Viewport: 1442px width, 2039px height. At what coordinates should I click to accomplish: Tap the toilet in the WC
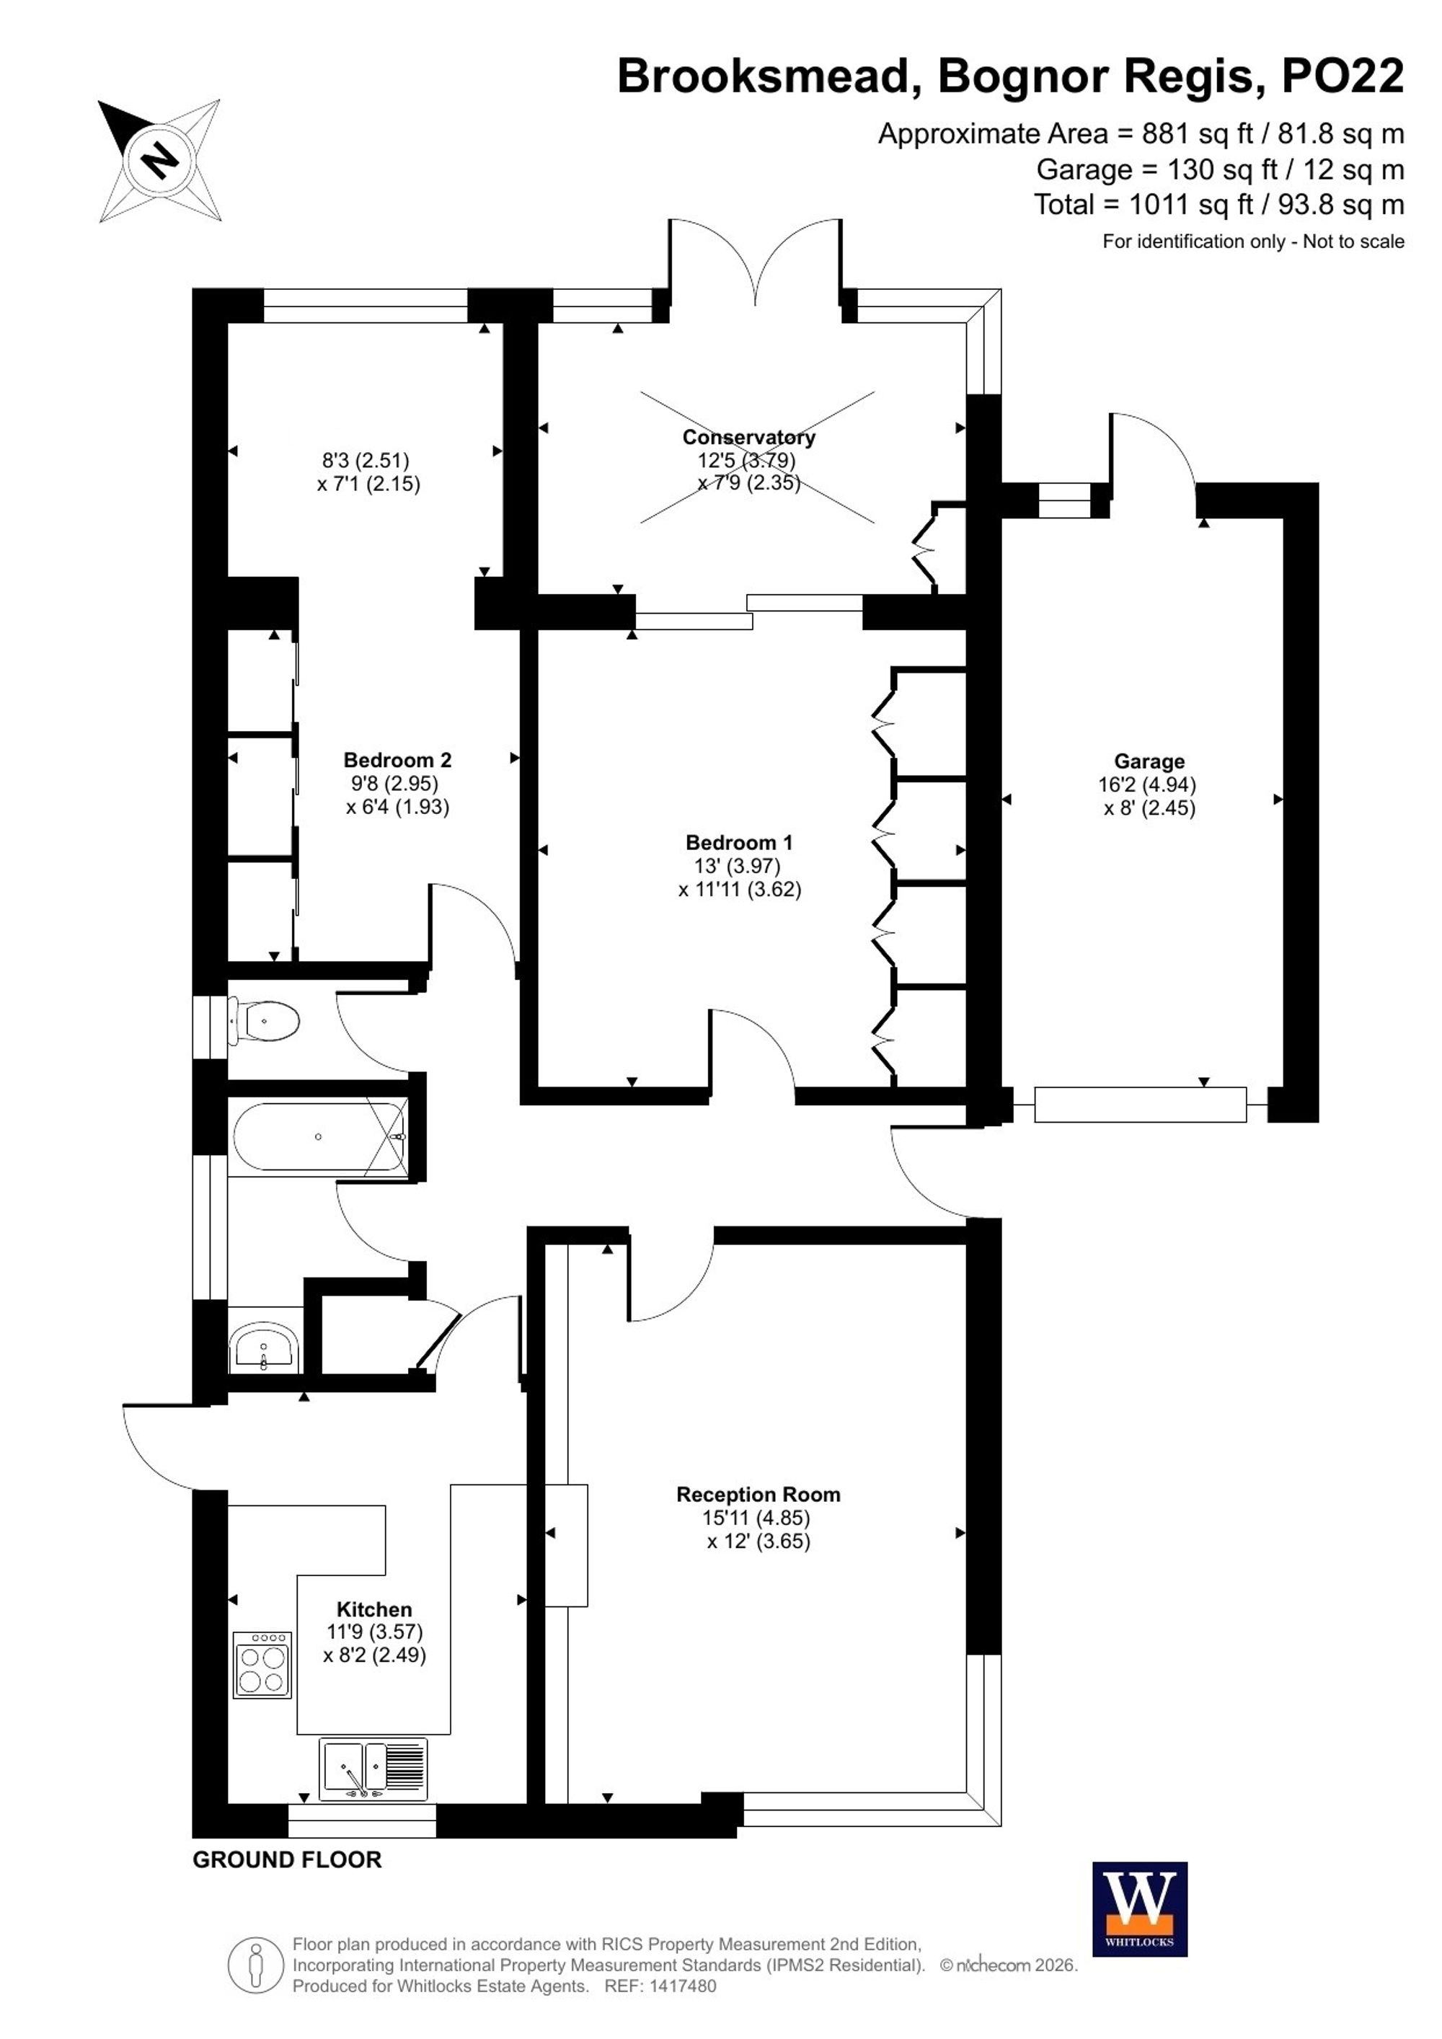pyautogui.click(x=265, y=1022)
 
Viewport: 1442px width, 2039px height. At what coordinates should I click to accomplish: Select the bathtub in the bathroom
pyautogui.click(x=319, y=1137)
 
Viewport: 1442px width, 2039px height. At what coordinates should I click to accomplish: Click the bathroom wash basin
pyautogui.click(x=264, y=1348)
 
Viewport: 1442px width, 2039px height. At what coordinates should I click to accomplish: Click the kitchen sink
pyautogui.click(x=373, y=1769)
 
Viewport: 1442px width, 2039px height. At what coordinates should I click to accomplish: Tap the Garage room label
pyautogui.click(x=1149, y=761)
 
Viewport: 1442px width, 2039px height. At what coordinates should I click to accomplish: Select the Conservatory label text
pyautogui.click(x=748, y=437)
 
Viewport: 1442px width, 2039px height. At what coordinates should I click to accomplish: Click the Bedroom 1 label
pyautogui.click(x=740, y=842)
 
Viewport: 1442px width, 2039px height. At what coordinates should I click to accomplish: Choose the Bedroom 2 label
pyautogui.click(x=398, y=759)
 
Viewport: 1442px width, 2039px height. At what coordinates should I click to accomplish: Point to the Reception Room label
pyautogui.click(x=758, y=1495)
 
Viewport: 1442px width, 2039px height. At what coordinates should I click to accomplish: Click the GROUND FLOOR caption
pyautogui.click(x=287, y=1859)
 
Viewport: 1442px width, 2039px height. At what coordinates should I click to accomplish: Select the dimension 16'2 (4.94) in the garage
pyautogui.click(x=1147, y=785)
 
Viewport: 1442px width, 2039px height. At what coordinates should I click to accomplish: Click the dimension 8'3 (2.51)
pyautogui.click(x=365, y=460)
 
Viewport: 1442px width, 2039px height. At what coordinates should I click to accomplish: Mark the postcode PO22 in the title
pyautogui.click(x=1343, y=76)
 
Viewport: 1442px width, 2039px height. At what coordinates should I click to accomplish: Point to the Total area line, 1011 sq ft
pyautogui.click(x=1219, y=205)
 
